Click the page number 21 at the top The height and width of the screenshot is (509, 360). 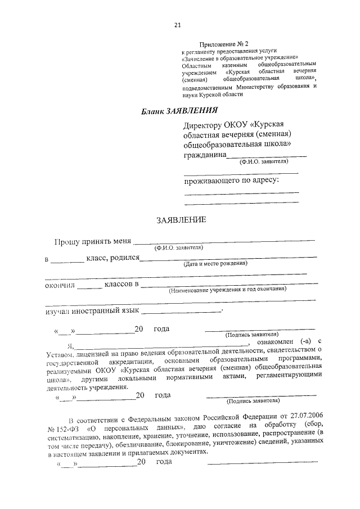pyautogui.click(x=178, y=25)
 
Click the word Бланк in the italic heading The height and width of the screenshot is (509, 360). pyautogui.click(x=153, y=112)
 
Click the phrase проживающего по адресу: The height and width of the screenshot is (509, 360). pyautogui.click(x=232, y=181)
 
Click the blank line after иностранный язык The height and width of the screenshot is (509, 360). pyautogui.click(x=182, y=311)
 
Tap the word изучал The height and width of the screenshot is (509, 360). pyautogui.click(x=57, y=310)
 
